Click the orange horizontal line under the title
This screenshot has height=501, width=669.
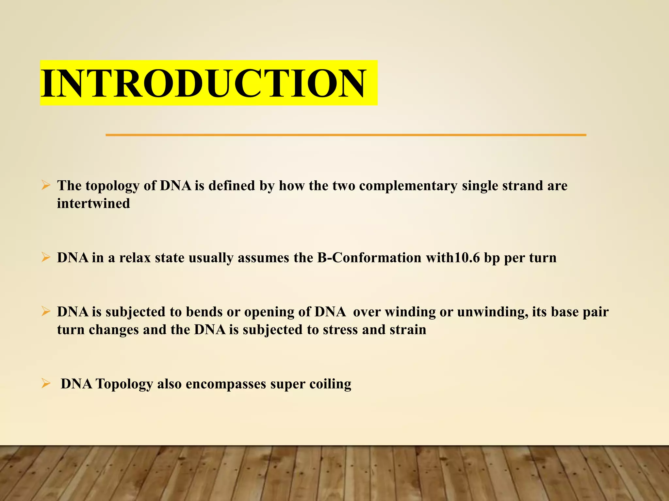tap(346, 135)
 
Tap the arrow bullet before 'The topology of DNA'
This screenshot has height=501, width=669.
tap(46, 186)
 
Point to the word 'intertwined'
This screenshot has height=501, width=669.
tap(93, 204)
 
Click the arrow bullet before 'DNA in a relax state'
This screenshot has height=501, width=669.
tap(46, 258)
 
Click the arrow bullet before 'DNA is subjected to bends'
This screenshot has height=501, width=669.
tap(46, 312)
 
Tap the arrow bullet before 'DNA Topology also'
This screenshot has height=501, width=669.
tap(46, 384)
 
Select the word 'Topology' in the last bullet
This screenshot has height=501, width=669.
tap(124, 384)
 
